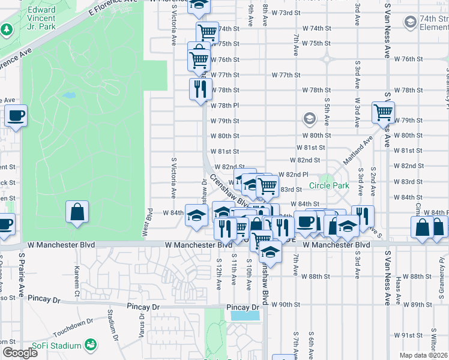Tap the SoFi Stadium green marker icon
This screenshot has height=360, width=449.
coord(91,345)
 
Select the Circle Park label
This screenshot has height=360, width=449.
coord(329,185)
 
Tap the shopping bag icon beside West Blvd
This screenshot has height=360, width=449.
coord(77,212)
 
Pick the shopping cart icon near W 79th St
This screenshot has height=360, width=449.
coord(382,111)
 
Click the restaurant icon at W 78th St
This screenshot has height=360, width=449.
coord(200,89)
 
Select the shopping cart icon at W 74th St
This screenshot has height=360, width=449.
coord(207,32)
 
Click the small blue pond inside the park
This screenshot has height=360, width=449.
coord(68,95)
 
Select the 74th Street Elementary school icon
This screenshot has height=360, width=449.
coord(411,23)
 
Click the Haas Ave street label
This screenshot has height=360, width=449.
coord(400,290)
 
